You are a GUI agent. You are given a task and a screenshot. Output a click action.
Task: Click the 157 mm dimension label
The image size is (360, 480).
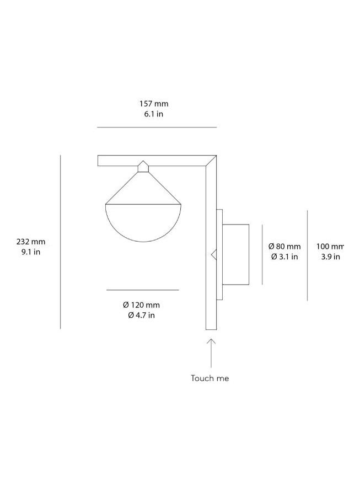[x=153, y=104]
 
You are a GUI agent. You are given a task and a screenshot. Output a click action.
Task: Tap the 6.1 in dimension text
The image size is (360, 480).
[x=153, y=114]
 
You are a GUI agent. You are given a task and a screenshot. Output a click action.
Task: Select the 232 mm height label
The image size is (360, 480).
[x=31, y=242]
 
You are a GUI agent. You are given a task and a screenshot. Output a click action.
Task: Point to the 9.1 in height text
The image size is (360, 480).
[x=31, y=252]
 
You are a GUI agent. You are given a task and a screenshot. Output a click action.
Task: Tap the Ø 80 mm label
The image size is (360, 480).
[x=284, y=246]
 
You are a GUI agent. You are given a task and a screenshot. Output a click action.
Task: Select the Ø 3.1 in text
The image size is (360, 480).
[x=284, y=257]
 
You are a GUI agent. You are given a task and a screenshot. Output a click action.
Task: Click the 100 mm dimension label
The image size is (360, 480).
[x=330, y=246]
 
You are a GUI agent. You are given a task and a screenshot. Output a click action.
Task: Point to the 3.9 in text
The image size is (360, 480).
[x=329, y=257]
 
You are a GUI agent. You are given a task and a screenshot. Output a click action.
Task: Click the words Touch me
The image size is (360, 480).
[x=209, y=378]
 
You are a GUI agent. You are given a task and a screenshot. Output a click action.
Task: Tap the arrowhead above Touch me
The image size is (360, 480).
[x=211, y=342]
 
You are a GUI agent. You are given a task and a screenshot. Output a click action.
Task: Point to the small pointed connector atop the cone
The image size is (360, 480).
[x=143, y=167]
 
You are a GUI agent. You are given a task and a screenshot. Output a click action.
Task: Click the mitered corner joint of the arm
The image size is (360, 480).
[x=211, y=161]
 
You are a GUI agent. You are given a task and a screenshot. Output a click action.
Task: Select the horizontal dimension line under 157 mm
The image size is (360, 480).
[x=157, y=127]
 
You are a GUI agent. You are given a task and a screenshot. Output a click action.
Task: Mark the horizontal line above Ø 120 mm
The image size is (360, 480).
[x=142, y=290]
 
